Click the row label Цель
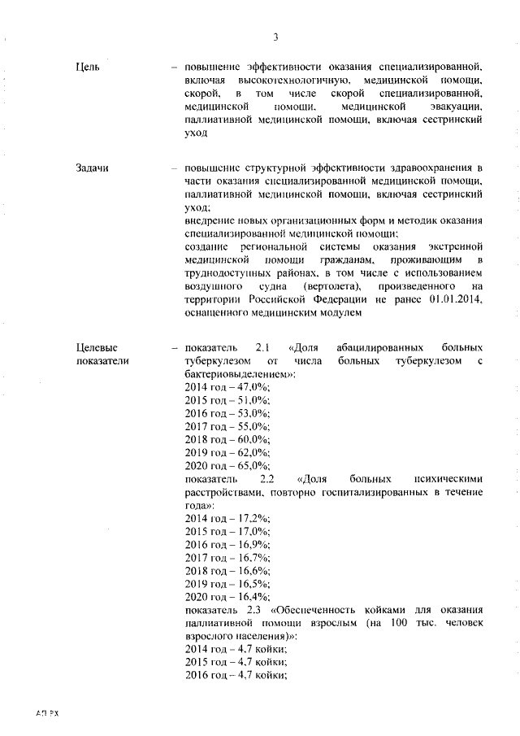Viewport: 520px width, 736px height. point(87,66)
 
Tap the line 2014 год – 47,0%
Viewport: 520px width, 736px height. point(227,387)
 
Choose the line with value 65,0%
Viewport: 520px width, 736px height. point(227,465)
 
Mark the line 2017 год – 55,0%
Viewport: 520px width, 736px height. point(227,426)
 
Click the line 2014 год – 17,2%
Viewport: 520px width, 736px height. point(227,518)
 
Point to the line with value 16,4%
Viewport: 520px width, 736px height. point(227,596)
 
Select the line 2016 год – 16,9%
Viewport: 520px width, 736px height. point(227,544)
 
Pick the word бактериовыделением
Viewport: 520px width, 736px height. point(238,374)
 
